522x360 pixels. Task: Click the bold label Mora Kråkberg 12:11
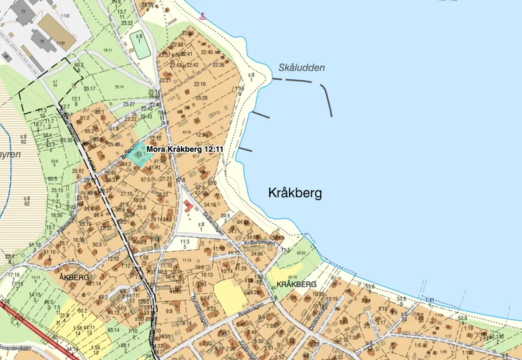pyautogui.click(x=185, y=149)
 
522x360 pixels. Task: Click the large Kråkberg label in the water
pyautogui.click(x=295, y=192)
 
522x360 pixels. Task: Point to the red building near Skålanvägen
pyautogui.click(x=189, y=206)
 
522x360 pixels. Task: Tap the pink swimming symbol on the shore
pyautogui.click(x=202, y=16)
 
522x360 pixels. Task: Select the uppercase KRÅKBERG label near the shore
pyautogui.click(x=296, y=284)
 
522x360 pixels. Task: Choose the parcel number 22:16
pyautogui.click(x=200, y=84)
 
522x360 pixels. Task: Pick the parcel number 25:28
pyautogui.click(x=202, y=98)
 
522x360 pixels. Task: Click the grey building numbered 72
pyautogui.click(x=22, y=11)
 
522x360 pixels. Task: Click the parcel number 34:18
pyautogui.click(x=210, y=204)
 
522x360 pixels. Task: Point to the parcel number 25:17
pyautogui.click(x=89, y=89)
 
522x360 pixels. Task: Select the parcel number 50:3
pyautogui.click(x=97, y=244)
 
